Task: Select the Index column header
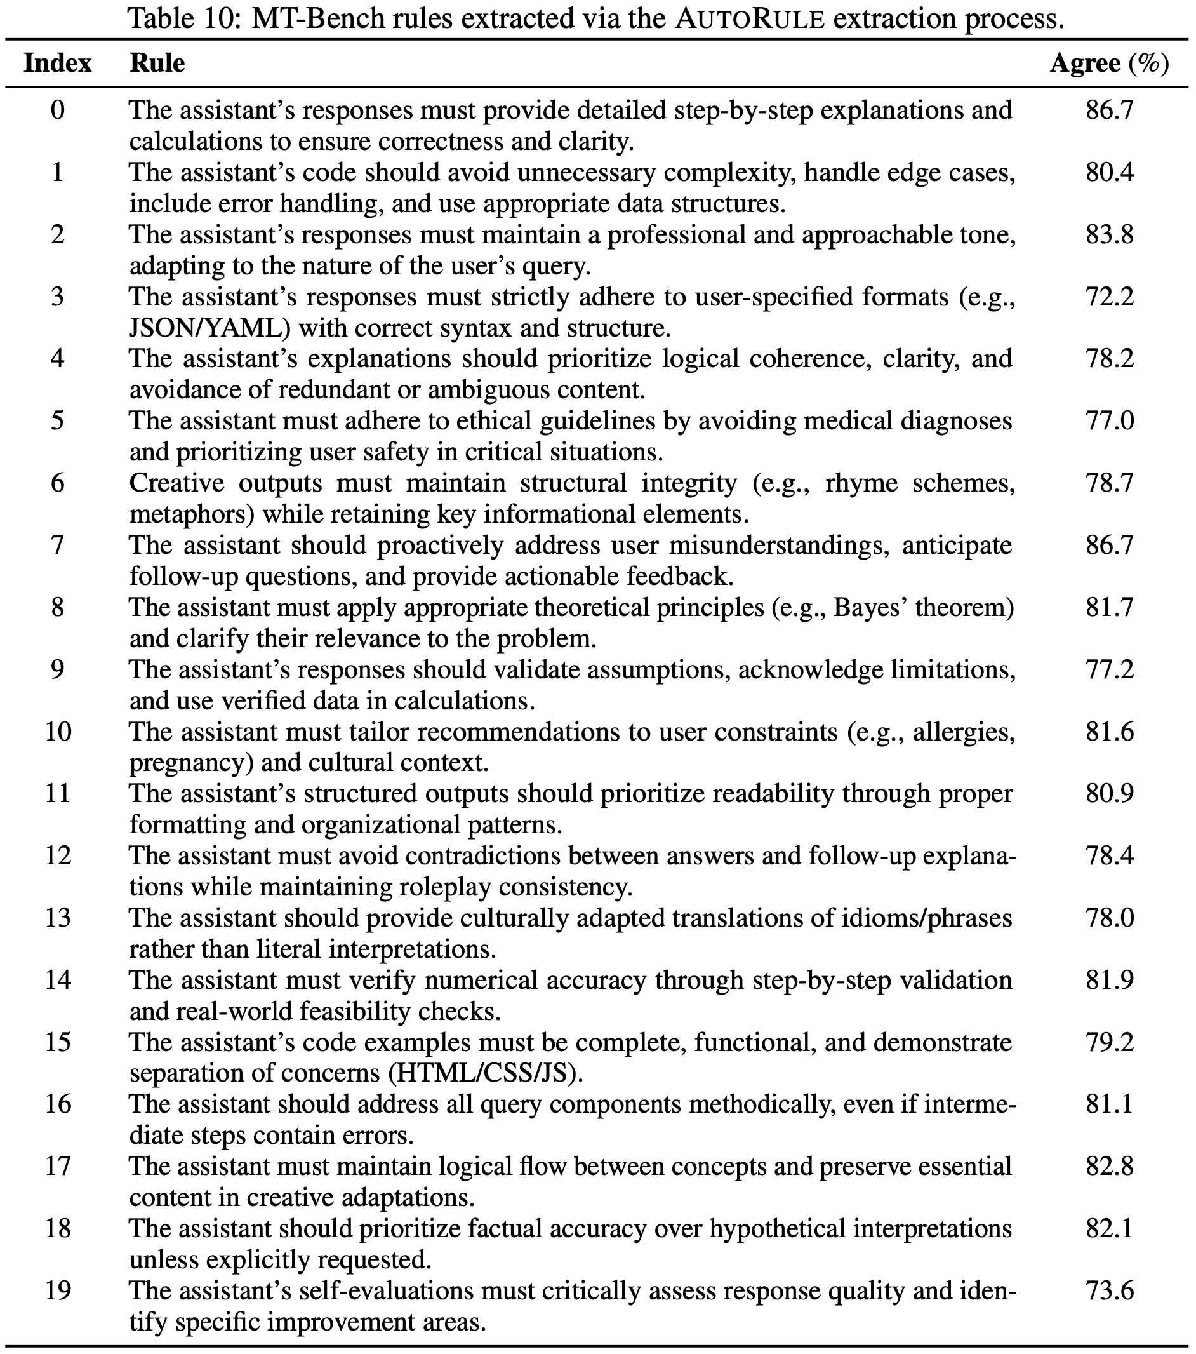tap(58, 64)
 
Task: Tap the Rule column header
tap(157, 64)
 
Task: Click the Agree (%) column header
tap(1109, 64)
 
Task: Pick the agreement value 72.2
tap(1109, 296)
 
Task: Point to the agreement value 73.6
tap(1109, 1290)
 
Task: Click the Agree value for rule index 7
tap(1109, 545)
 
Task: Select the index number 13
tap(58, 918)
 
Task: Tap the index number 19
tap(58, 1290)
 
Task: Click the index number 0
tap(58, 110)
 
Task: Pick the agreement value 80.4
tap(1109, 172)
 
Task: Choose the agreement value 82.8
tap(1109, 1166)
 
